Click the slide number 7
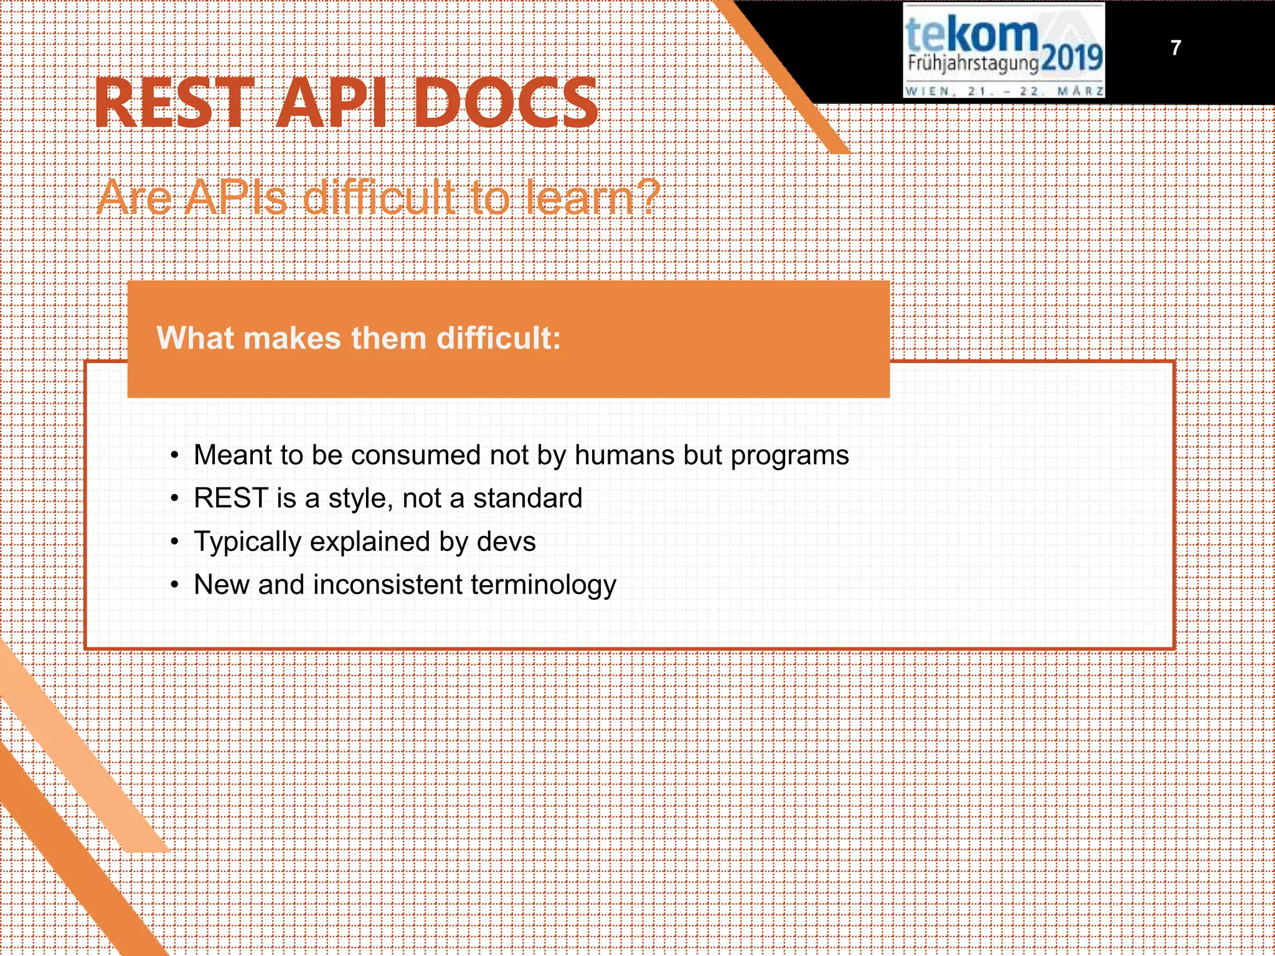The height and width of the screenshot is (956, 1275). (1175, 48)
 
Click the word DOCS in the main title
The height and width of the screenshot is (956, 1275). (506, 104)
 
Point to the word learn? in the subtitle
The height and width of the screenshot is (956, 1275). (592, 198)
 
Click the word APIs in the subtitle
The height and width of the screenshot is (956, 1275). (236, 198)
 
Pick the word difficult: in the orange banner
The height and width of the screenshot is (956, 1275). (498, 338)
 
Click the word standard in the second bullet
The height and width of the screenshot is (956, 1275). (527, 498)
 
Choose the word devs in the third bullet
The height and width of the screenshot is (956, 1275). (506, 541)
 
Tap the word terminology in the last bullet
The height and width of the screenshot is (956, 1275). (543, 586)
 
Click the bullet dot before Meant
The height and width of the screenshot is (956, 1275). (176, 456)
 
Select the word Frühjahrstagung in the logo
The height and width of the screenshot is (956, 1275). (972, 63)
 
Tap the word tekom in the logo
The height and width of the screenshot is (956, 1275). (971, 34)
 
